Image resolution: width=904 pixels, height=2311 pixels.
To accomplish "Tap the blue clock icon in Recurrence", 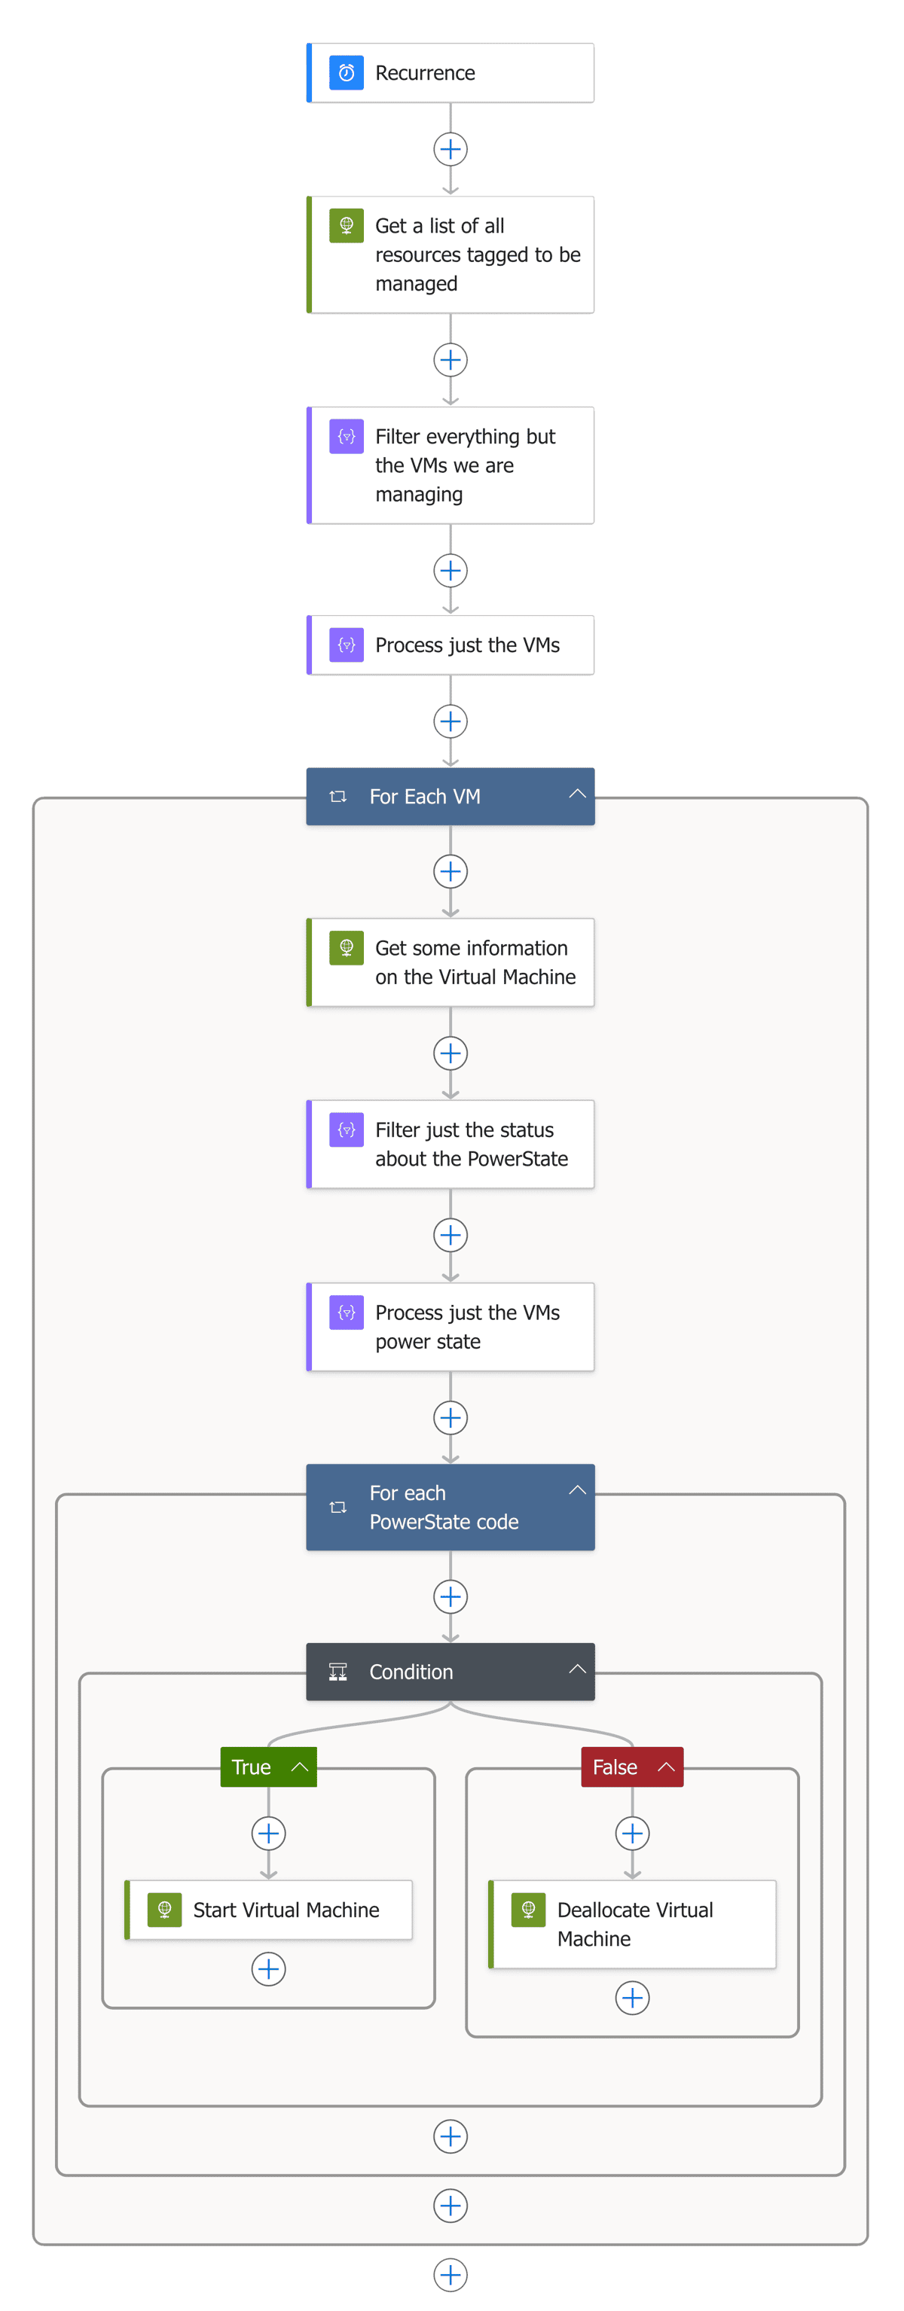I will [x=347, y=73].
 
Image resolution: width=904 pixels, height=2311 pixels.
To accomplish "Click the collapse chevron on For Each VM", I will [x=577, y=794].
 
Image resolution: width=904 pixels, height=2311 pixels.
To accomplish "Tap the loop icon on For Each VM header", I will [x=337, y=797].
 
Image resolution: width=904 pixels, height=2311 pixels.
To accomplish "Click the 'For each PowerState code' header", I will [x=444, y=1508].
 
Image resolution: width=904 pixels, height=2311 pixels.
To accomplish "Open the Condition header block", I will [x=431, y=1672].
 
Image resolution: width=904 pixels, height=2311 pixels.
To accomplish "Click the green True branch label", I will [x=252, y=1767].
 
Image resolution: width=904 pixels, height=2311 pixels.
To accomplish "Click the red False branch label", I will [x=615, y=1767].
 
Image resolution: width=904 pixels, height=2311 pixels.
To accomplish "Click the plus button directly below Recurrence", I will [x=450, y=149].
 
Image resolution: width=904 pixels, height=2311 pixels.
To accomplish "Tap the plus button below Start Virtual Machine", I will [x=268, y=1969].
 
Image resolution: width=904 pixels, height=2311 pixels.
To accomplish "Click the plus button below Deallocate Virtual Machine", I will [x=632, y=1998].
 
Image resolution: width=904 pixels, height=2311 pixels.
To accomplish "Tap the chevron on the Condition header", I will [x=577, y=1669].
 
